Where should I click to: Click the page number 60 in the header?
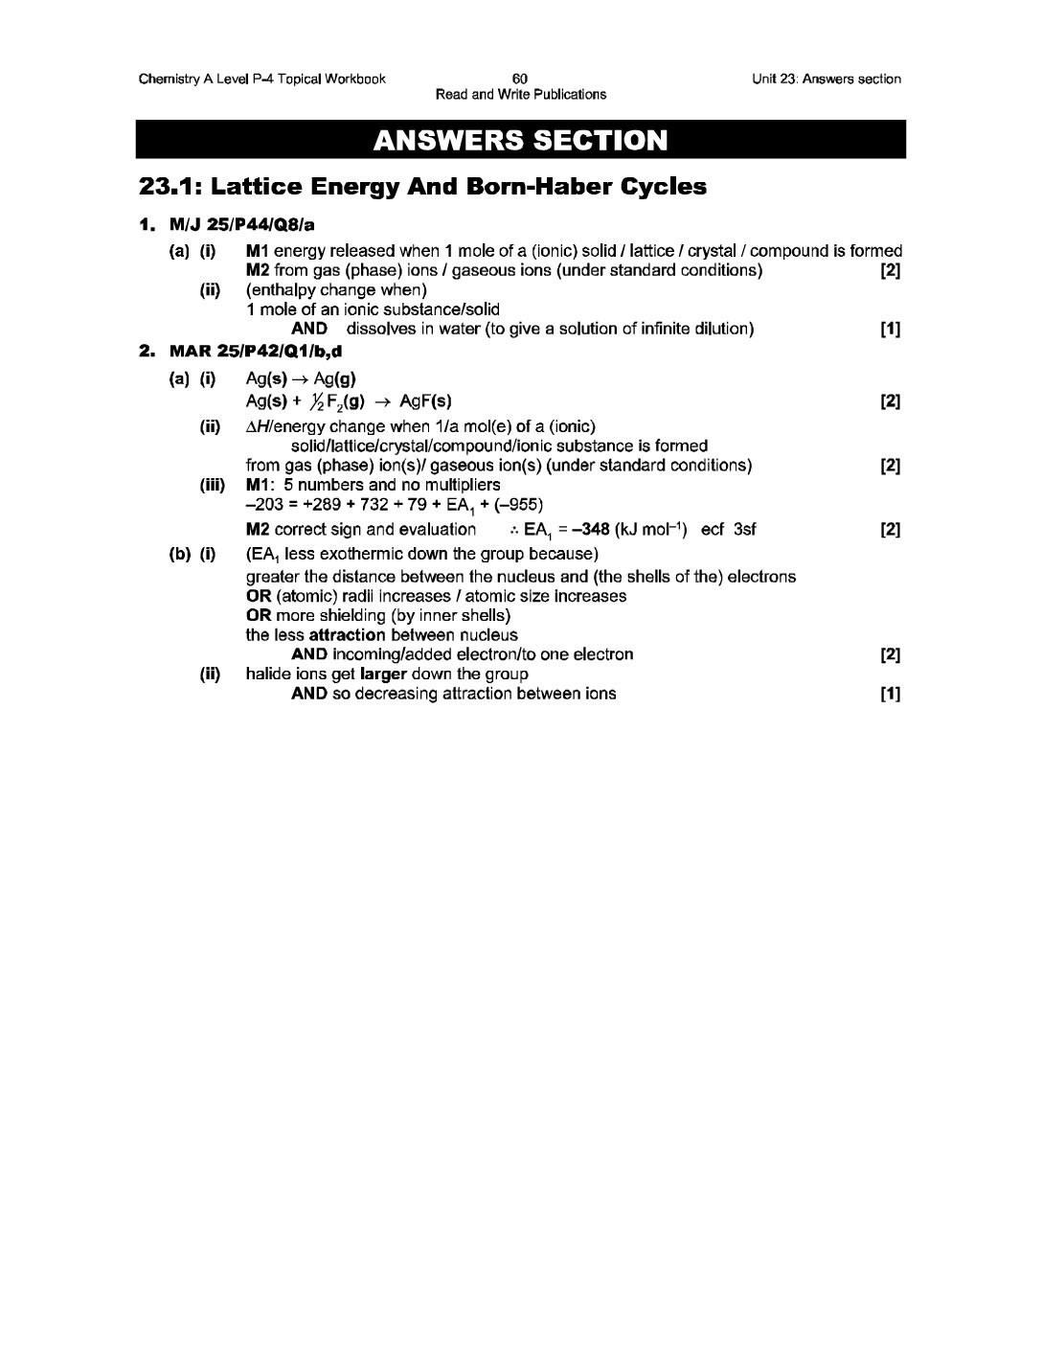coord(520,79)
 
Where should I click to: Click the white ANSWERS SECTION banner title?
coord(520,141)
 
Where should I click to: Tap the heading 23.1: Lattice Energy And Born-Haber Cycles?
coord(422,187)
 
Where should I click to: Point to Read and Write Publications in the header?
coord(520,94)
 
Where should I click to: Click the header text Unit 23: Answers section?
coord(827,79)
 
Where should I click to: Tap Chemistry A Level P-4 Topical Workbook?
coord(261,79)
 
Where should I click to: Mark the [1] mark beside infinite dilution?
coord(890,329)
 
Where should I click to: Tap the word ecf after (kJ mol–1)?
coord(713,529)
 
